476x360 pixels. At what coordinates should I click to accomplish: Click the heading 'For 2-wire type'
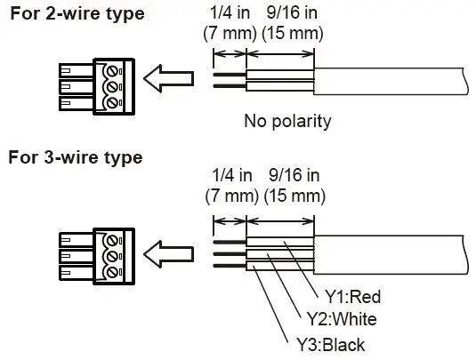pos(77,14)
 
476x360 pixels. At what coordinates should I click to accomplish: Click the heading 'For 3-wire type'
pos(76,157)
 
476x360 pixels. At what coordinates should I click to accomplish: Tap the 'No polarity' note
pos(287,121)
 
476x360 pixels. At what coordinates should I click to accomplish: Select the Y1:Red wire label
pos(352,297)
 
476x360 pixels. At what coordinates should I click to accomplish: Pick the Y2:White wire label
pos(342,319)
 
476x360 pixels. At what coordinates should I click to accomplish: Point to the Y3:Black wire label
pos(331,345)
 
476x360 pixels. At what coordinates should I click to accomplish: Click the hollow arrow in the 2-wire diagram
pos(168,78)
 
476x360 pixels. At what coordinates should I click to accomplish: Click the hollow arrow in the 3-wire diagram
pos(168,254)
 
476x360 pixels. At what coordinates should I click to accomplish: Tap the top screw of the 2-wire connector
pos(112,72)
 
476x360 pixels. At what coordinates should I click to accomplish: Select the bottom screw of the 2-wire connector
pos(112,102)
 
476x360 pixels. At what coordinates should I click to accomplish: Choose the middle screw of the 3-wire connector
pos(112,256)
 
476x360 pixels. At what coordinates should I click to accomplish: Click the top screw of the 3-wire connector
pos(112,241)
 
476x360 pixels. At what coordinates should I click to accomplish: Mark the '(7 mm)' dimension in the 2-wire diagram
pos(230,33)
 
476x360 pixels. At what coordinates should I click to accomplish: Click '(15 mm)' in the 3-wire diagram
pos(294,196)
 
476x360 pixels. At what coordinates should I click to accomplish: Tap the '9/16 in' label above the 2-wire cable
pos(292,12)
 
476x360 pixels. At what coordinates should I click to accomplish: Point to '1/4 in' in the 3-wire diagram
pos(232,175)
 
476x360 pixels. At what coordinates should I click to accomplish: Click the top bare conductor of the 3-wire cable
pos(230,242)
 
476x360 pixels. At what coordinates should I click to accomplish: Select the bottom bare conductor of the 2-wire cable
pos(230,86)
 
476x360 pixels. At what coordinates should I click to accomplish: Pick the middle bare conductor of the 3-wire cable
pos(230,254)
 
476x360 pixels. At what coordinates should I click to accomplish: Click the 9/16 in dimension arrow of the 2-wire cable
pos(280,54)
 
